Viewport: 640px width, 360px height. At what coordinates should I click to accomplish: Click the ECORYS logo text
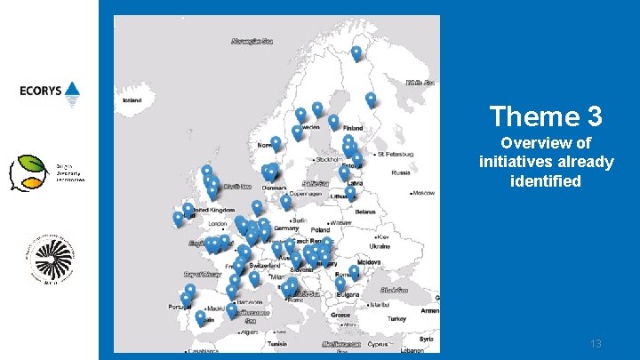pyautogui.click(x=42, y=91)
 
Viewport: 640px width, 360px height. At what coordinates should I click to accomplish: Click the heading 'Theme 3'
pyautogui.click(x=545, y=116)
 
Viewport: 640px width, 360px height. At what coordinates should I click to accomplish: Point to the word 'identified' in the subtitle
pyautogui.click(x=545, y=181)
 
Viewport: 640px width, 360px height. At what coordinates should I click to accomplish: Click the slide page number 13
pyautogui.click(x=596, y=343)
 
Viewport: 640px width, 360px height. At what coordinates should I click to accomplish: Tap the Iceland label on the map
pyautogui.click(x=132, y=100)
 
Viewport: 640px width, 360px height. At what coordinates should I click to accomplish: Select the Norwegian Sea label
pyautogui.click(x=252, y=41)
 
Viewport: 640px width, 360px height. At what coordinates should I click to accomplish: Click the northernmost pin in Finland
pyautogui.click(x=356, y=52)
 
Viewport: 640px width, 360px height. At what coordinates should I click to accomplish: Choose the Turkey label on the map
pyautogui.click(x=396, y=318)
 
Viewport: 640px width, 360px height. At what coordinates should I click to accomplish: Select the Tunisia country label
pyautogui.click(x=277, y=343)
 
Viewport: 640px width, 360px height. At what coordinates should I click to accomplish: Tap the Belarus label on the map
pyautogui.click(x=365, y=212)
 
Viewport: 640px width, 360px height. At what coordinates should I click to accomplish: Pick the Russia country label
pyautogui.click(x=401, y=172)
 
